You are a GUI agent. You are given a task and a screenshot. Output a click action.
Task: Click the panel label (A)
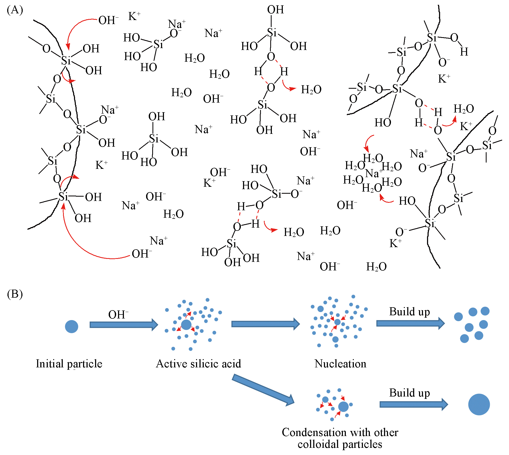15,10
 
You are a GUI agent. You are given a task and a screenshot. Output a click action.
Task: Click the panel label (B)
15,294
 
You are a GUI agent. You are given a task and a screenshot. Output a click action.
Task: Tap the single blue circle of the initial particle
71,326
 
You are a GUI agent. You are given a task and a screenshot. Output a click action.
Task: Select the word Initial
50,364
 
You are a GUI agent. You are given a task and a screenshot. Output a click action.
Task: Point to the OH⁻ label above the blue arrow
118,314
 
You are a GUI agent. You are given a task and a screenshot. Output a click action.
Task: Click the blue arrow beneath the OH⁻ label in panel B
124,325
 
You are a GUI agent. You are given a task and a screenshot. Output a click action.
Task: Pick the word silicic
202,364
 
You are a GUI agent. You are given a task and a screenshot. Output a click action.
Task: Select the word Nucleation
340,364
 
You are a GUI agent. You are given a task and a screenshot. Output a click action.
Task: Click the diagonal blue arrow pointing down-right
263,390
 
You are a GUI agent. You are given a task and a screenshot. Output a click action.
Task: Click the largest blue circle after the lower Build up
479,405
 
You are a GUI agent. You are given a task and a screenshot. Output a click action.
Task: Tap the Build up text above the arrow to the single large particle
409,393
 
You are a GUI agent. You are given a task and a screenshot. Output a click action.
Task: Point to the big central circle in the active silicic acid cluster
186,325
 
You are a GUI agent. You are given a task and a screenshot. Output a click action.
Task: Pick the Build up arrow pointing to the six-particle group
410,324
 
